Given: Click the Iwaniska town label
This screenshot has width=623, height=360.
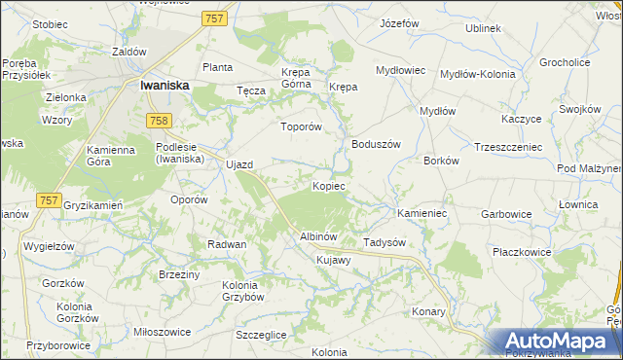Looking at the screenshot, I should pos(164,85).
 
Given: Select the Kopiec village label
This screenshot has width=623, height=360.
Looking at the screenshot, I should pos(328,185).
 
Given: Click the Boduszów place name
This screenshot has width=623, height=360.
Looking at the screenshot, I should pos(376,144).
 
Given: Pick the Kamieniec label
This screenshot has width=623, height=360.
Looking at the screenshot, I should pos(421,212).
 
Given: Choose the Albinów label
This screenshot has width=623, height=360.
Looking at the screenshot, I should pos(317,236).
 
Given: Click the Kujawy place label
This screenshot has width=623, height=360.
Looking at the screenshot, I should pos(332,261).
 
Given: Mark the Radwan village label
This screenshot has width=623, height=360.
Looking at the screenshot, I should pos(226,244).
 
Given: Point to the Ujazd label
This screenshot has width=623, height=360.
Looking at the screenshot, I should pos(239,164).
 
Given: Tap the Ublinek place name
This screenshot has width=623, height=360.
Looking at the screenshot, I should pos(483,28).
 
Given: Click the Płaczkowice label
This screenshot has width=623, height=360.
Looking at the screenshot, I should pos(522,252).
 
